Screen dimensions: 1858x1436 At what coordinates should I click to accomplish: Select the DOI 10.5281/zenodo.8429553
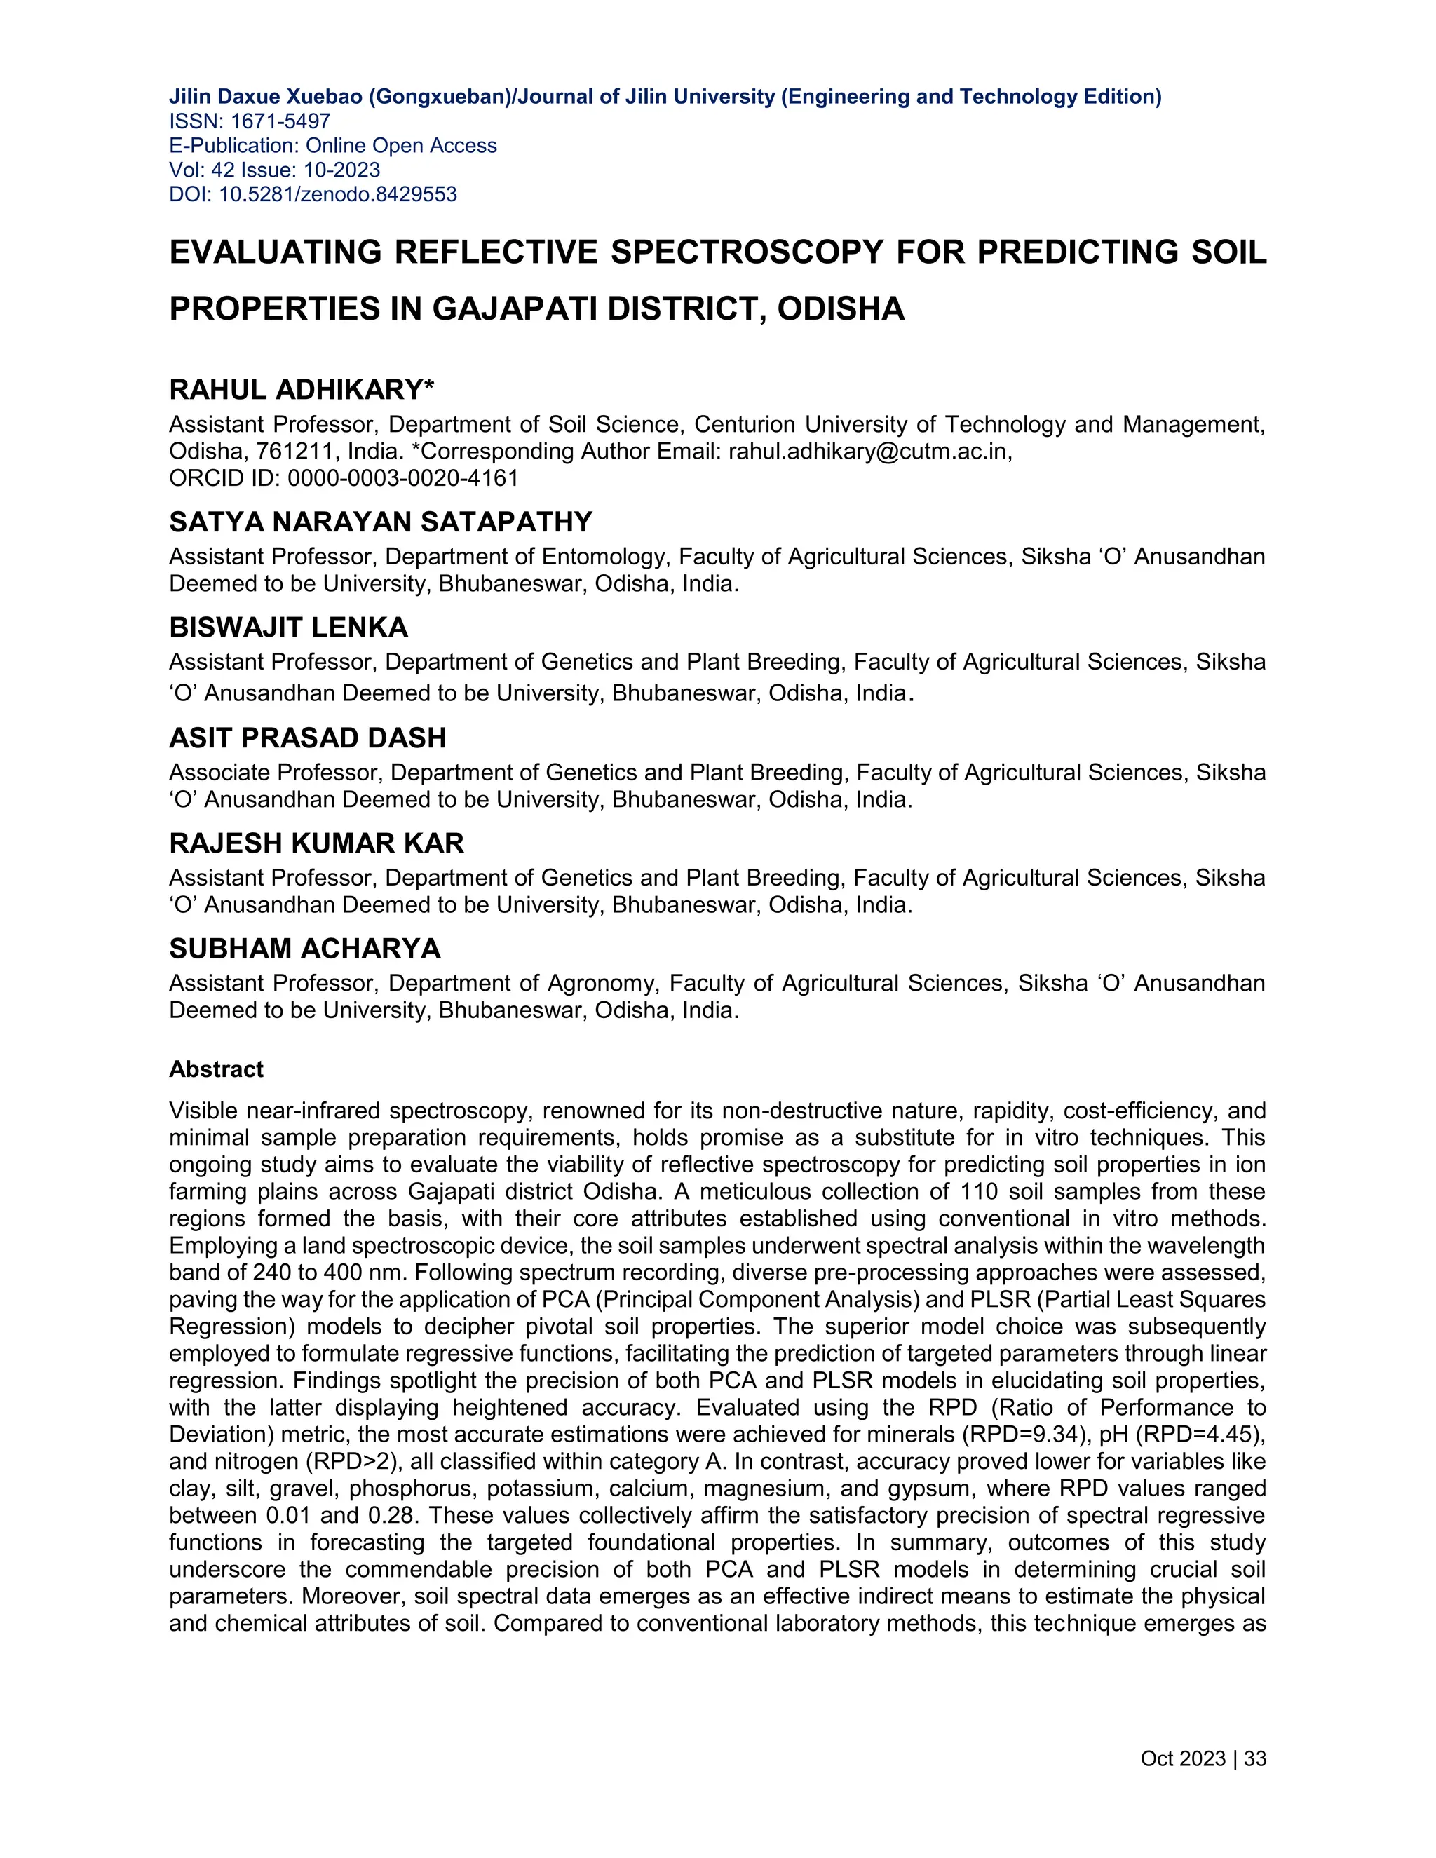(338, 195)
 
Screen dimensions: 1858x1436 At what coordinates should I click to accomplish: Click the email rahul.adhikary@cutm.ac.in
(869, 452)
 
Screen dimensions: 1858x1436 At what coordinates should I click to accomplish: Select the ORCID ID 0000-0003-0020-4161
(402, 478)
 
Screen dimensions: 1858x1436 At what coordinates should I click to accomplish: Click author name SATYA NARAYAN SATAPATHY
(380, 522)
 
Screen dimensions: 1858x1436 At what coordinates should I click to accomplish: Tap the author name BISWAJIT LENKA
(288, 628)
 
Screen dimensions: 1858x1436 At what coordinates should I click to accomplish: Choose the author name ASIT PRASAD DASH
(307, 738)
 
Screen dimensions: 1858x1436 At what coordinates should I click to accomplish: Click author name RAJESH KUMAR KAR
(316, 843)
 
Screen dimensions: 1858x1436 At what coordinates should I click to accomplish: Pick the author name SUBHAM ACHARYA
(304, 949)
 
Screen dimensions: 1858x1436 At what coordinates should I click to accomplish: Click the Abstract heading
(216, 1069)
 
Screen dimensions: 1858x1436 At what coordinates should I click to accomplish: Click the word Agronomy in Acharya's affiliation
(602, 984)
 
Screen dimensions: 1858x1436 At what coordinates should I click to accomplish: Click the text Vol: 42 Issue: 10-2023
(274, 170)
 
